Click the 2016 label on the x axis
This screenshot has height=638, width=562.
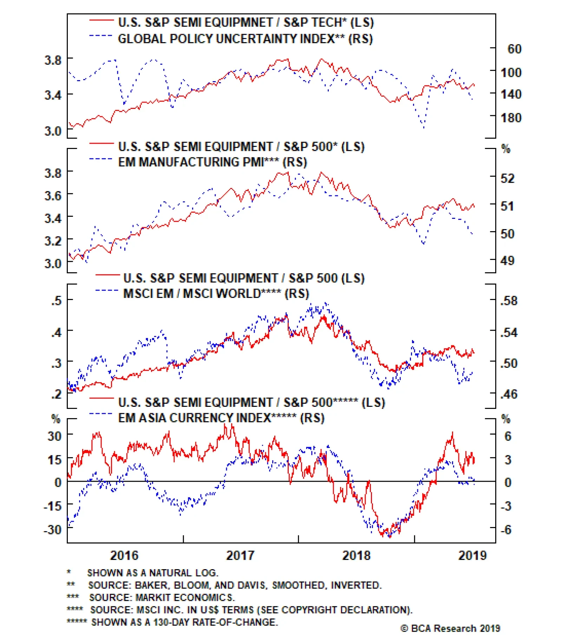(124, 555)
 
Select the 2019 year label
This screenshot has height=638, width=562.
(472, 555)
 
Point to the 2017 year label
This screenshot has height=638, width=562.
(240, 555)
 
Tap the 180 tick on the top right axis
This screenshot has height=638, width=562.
(511, 118)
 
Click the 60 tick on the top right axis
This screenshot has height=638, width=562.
(515, 49)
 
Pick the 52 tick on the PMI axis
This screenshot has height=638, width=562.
(508, 178)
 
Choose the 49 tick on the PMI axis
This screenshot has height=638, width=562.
(508, 261)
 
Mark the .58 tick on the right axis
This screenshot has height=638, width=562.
(509, 301)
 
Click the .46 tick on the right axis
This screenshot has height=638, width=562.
(509, 394)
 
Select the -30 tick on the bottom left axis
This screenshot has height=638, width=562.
(52, 529)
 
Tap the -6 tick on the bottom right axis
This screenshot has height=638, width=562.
(506, 529)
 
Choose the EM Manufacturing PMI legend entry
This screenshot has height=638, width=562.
(213, 162)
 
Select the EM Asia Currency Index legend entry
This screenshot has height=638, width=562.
(221, 418)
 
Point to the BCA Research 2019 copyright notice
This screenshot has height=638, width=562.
(450, 628)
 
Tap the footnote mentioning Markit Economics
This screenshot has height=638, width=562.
(162, 597)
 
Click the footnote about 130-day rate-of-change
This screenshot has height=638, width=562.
(184, 622)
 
